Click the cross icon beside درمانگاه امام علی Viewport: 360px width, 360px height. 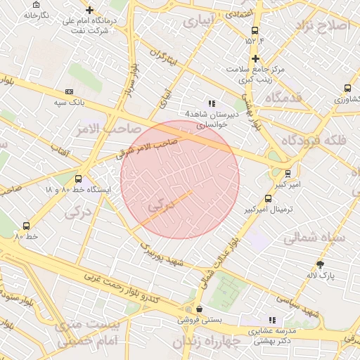coord(89,10)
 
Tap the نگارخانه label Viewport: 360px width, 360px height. coord(36,14)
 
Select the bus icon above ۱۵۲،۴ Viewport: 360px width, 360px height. coord(255,31)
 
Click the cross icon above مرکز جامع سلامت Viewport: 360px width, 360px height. coord(255,58)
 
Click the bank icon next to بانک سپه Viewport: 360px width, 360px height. coord(69,91)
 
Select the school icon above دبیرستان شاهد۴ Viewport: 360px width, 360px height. coord(212,103)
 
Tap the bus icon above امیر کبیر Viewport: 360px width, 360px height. coord(288,173)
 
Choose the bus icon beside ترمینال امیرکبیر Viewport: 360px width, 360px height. coord(268,198)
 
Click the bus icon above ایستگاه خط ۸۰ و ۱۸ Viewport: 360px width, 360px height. coord(77,179)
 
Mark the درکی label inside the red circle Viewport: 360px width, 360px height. coord(160,207)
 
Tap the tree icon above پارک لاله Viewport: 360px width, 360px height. coord(321,264)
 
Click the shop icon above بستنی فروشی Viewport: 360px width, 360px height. coord(200,308)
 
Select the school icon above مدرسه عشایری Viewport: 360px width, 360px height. coord(272,320)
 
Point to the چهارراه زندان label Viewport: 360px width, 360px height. coord(211,341)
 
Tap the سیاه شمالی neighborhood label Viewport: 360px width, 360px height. coord(314,238)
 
